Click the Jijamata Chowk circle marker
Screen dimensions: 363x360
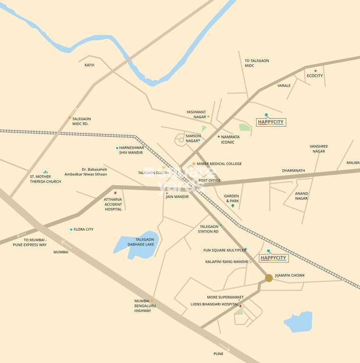tap(269, 278)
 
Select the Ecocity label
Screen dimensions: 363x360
tap(315, 76)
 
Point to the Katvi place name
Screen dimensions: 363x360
tap(89, 65)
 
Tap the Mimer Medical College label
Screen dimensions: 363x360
tap(219, 164)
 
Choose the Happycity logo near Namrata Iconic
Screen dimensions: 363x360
tap(272, 121)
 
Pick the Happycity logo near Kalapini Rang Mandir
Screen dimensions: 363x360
tap(274, 258)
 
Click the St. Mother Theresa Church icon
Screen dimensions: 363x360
tap(45, 172)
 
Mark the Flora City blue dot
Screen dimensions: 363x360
tap(71, 230)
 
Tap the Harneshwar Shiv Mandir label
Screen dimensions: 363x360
tap(131, 150)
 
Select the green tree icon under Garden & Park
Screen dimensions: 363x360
tap(232, 206)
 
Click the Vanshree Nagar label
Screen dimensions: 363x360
tap(318, 149)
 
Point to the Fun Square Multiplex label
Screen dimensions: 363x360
tap(224, 250)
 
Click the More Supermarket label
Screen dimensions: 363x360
tap(225, 297)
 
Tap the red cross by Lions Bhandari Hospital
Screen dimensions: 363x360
tap(240, 306)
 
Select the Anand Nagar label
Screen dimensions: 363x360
tap(301, 196)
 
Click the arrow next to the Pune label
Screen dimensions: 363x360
tap(228, 350)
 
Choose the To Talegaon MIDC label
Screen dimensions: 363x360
tap(257, 63)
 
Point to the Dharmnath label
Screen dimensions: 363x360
tap(293, 170)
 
